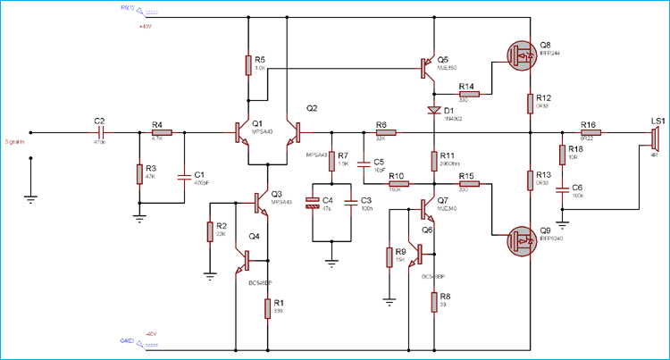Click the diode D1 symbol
click(433, 111)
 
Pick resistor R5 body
click(249, 64)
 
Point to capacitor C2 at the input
click(100, 132)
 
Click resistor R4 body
click(162, 132)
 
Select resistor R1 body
click(267, 308)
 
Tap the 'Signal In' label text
click(15, 141)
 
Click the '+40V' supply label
click(147, 26)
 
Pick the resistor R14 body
click(468, 93)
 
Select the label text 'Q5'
click(444, 59)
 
